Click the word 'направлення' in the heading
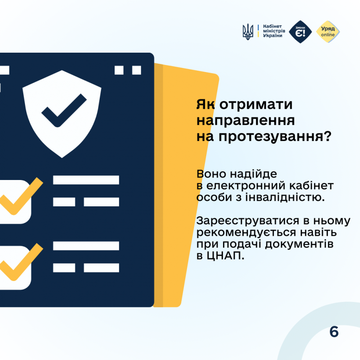click(x=245, y=121)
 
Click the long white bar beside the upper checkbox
click(x=86, y=180)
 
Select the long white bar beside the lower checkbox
click(x=86, y=246)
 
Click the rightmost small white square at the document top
click(x=137, y=70)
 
